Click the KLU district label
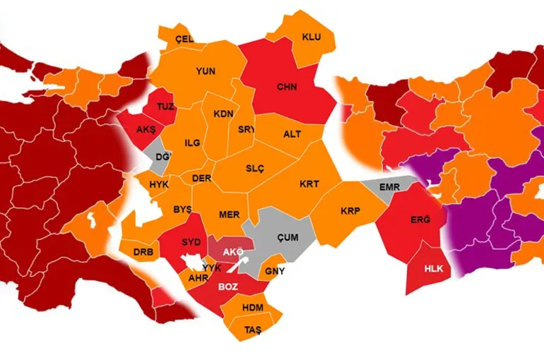[x=312, y=37]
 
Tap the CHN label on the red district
[x=286, y=88]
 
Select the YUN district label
[x=206, y=71]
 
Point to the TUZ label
[x=165, y=107]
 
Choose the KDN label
[x=224, y=114]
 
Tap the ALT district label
[x=292, y=134]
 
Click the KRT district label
[x=309, y=184]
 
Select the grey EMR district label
[x=390, y=188]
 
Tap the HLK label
[x=432, y=269]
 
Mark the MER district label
[x=228, y=215]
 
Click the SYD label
[x=191, y=242]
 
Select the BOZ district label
[x=228, y=287]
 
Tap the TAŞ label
[x=253, y=330]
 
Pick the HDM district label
[x=252, y=308]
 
